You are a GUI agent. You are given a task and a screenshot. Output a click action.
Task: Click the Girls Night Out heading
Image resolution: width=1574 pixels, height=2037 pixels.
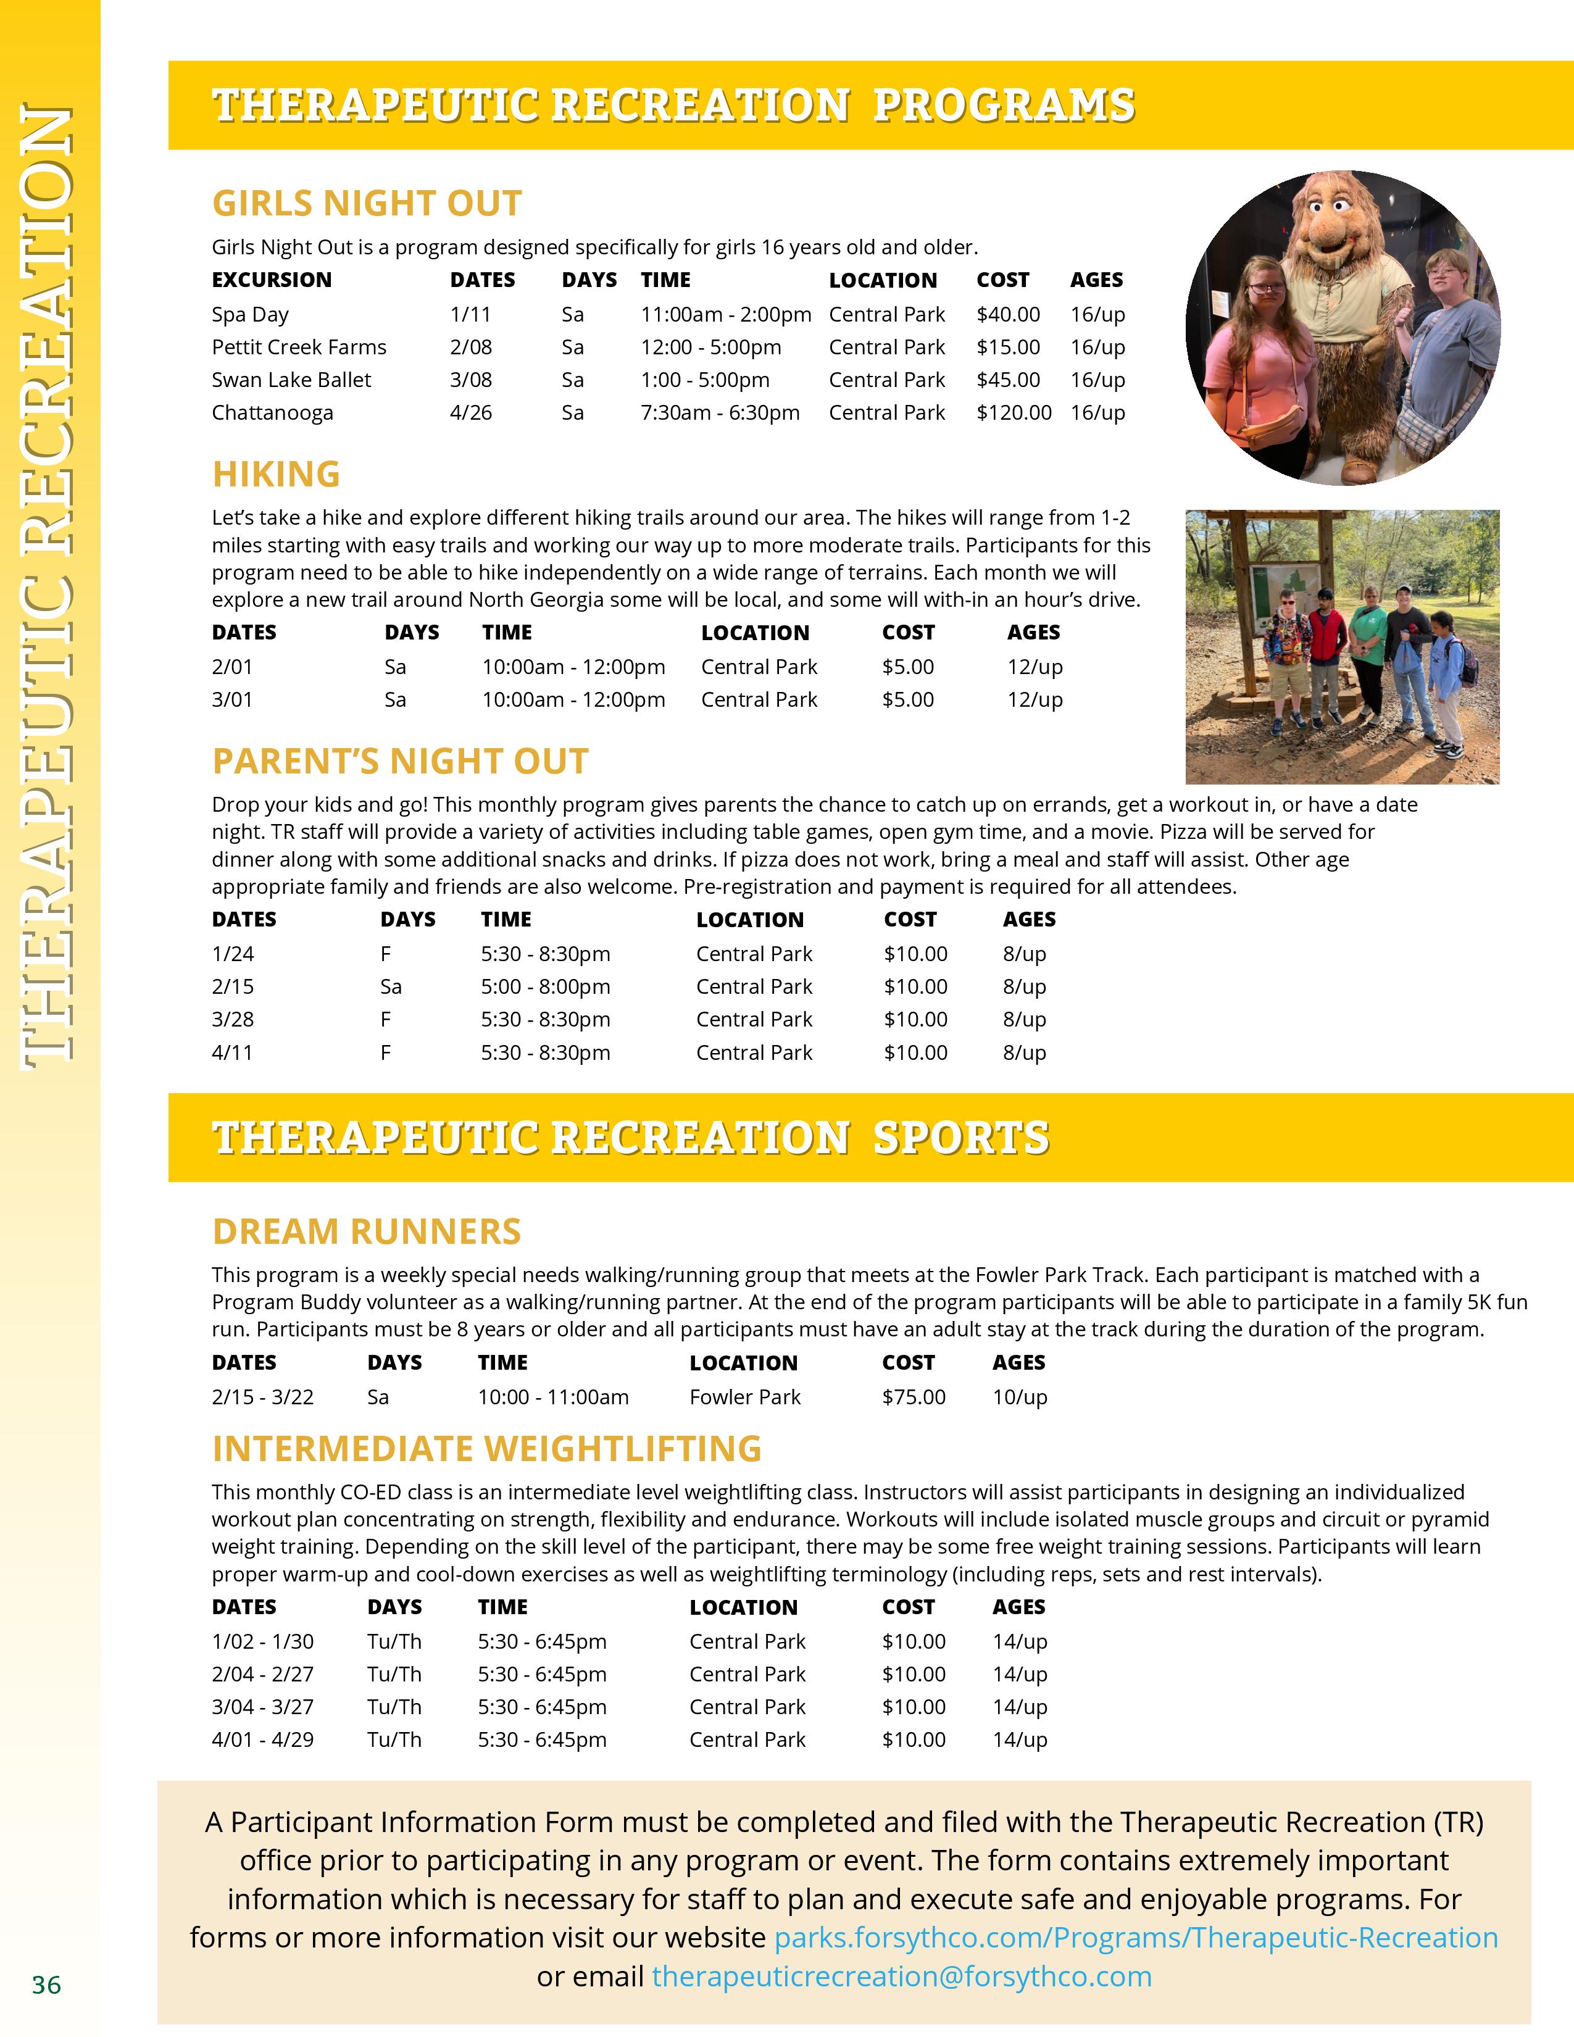(x=367, y=203)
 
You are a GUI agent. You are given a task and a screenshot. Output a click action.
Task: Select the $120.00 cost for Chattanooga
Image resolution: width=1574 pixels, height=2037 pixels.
(x=1013, y=412)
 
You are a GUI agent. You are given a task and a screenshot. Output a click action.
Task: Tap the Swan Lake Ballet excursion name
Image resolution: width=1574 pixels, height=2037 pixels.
(x=291, y=380)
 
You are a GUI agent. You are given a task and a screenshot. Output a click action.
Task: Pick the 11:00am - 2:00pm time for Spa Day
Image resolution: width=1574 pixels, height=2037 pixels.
(x=725, y=314)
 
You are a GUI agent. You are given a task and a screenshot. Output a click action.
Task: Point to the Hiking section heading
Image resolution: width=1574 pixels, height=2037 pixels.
(x=276, y=474)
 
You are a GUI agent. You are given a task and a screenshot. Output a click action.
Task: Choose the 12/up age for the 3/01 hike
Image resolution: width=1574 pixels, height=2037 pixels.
(x=1034, y=699)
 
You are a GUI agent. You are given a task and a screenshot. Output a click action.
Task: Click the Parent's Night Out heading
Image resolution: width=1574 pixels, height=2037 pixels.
(x=400, y=761)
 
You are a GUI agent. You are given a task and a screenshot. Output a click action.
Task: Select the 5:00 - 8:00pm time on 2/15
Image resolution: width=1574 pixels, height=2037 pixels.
(x=546, y=987)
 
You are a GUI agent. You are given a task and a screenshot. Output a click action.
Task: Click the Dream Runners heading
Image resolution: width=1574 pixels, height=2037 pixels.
(x=367, y=1231)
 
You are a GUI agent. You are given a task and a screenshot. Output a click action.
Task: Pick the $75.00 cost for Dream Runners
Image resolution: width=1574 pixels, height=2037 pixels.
(x=913, y=1397)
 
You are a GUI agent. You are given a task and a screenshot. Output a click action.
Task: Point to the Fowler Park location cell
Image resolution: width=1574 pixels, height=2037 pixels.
(x=744, y=1397)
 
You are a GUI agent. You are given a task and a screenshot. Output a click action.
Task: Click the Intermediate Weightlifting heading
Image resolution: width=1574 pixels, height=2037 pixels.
(x=487, y=1449)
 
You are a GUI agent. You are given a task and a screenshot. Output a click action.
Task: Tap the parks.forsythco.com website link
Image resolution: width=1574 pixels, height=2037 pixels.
(x=1136, y=1937)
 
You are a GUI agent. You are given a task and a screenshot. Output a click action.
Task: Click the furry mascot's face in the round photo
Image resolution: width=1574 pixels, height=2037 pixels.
(x=1330, y=224)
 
